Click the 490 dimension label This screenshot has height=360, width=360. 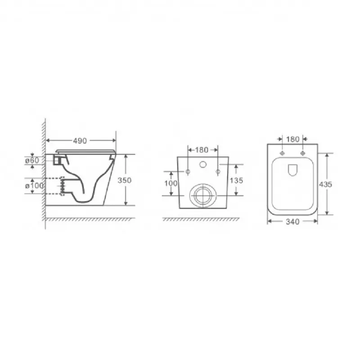point(80,141)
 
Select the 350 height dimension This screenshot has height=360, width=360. point(125,180)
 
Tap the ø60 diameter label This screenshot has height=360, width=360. point(32,160)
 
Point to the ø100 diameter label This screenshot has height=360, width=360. point(34,185)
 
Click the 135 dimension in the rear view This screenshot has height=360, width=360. point(236,180)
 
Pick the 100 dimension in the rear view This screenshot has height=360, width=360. point(171,183)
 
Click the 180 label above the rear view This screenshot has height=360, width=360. point(202,150)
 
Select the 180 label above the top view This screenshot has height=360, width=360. point(293,139)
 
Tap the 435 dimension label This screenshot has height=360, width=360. point(325,184)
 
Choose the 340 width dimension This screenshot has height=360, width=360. point(293,221)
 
